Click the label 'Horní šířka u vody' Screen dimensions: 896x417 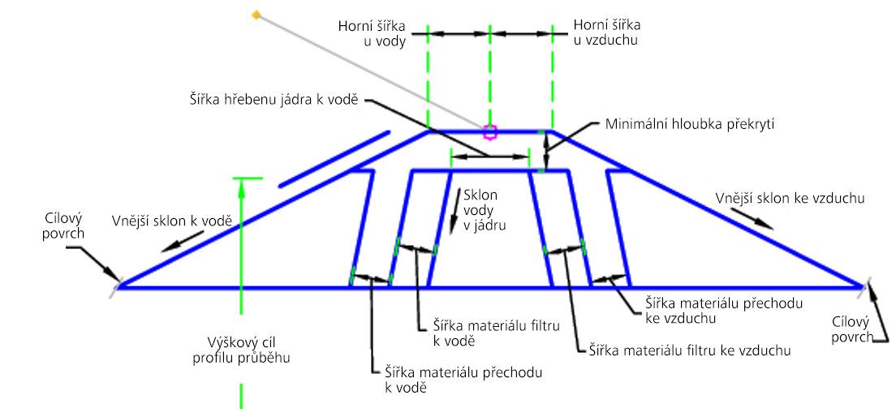tap(372, 33)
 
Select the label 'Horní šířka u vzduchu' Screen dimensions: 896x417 tap(606, 32)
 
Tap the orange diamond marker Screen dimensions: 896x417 tap(256, 15)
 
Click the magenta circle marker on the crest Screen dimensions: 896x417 tap(489, 132)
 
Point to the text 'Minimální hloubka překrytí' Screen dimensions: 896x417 tap(690, 124)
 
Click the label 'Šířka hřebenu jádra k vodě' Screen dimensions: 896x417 tap(274, 99)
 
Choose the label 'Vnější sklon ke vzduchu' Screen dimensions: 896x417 tap(790, 199)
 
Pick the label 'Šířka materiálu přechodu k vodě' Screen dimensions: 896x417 tap(460, 380)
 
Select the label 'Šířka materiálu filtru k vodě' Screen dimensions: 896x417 tap(495, 333)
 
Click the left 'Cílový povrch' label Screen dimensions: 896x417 tap(62, 226)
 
